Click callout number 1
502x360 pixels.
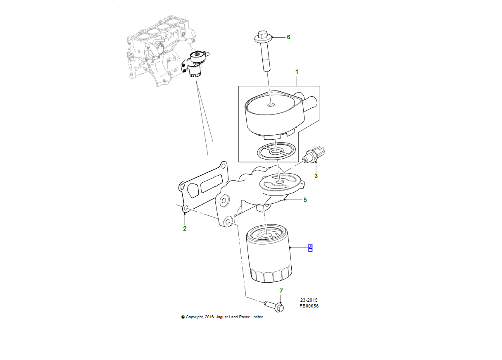coord(297,72)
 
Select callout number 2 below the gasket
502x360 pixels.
coord(185,229)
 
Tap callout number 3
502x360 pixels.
coord(316,176)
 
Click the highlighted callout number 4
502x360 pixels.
coord(310,248)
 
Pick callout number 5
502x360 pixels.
coord(305,200)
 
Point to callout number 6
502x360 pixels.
coord(289,37)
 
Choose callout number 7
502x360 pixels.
coord(281,291)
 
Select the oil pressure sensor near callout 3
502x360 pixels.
coord(314,155)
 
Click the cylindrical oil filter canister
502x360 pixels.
coord(269,253)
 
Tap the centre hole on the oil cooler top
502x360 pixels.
coord(271,105)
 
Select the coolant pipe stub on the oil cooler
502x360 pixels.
coord(310,102)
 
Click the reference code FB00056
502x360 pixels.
coord(309,306)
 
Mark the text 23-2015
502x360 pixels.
coord(309,300)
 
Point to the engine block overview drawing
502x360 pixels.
coord(162,50)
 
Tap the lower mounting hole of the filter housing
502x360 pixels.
coord(227,222)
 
